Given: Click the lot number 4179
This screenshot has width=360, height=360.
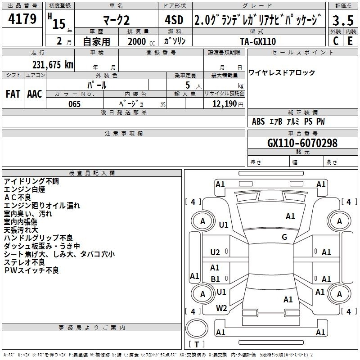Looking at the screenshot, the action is coord(22,19).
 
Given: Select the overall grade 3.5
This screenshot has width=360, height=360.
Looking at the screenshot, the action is coord(343,20).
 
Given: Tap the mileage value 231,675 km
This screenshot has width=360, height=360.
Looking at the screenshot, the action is coord(53,65).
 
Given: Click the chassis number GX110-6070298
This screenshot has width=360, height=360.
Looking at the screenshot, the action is coord(302,143).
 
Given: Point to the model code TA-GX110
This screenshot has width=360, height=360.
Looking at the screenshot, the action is coord(258,41).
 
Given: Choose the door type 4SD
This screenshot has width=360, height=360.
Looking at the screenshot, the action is coord(174,20).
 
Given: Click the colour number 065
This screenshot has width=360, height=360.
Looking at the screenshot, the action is coord(75,104).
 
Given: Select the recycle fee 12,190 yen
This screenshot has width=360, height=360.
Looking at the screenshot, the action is coord(228,104).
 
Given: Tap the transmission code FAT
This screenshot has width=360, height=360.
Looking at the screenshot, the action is coord(13,94).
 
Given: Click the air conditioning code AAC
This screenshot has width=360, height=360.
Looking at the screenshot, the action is coord(35,94).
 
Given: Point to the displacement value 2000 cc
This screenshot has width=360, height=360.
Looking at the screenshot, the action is coord(141,41).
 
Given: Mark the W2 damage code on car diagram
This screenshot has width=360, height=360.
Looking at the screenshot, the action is coord(221,308).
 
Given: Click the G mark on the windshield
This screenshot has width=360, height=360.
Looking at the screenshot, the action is coord(284,237).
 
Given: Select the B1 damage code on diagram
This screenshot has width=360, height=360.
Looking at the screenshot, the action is coord(215,279).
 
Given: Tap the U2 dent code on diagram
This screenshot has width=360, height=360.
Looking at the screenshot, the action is coord(215,252).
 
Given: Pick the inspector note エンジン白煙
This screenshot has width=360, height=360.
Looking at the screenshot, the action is coord(24,189).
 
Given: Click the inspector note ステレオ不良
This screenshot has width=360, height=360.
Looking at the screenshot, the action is coord(24,262).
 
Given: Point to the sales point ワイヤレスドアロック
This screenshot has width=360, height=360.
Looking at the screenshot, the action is coord(282,73).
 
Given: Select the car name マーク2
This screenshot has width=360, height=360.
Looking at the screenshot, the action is coord(117,20).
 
